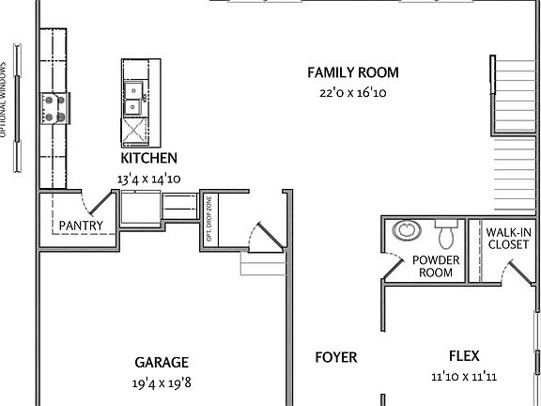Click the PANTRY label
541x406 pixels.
(x=81, y=226)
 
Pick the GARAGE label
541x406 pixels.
(x=162, y=362)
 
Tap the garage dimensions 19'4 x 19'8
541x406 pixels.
(x=162, y=383)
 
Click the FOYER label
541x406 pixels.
(x=335, y=357)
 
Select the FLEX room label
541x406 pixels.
(x=464, y=356)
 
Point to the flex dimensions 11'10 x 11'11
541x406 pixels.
(x=464, y=377)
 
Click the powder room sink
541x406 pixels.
(x=408, y=230)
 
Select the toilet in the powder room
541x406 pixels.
(x=446, y=229)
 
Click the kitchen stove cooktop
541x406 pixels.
(x=52, y=108)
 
